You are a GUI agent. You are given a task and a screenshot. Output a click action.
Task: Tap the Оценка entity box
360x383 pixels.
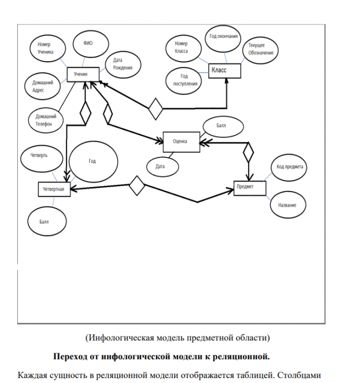[181, 141]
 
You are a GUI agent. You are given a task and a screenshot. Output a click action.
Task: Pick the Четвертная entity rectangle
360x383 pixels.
[55, 189]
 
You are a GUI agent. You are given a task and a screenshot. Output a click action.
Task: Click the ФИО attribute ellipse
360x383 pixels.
[89, 43]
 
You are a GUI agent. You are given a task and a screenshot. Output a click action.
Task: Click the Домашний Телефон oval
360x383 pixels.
[45, 120]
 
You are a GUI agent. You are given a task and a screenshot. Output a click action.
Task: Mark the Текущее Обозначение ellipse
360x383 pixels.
[261, 50]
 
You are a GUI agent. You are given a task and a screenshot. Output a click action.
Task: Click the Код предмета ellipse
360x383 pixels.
[289, 167]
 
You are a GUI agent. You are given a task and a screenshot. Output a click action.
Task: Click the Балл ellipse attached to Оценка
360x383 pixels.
[221, 126]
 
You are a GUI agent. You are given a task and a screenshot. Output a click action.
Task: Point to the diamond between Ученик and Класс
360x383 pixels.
[156, 108]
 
